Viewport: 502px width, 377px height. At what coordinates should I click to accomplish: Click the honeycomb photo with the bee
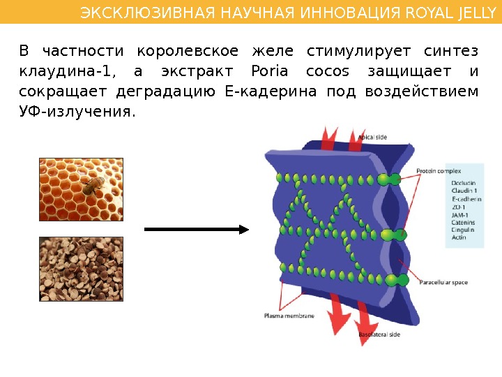(81, 188)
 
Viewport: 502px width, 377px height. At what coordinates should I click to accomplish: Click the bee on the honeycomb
(90, 184)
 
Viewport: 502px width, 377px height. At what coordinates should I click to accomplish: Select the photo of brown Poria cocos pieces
(81, 269)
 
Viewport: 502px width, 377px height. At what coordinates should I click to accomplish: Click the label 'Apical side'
(372, 138)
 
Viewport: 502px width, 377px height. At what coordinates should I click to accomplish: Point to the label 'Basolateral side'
(379, 335)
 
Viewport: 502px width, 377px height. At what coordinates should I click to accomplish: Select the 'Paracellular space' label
(443, 282)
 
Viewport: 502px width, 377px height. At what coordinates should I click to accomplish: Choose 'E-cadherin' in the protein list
(466, 199)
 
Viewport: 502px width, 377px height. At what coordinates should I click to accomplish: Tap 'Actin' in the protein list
(459, 237)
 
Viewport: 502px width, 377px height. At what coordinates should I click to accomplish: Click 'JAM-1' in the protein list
(461, 214)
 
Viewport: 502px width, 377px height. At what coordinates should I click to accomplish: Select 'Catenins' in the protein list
(464, 222)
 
